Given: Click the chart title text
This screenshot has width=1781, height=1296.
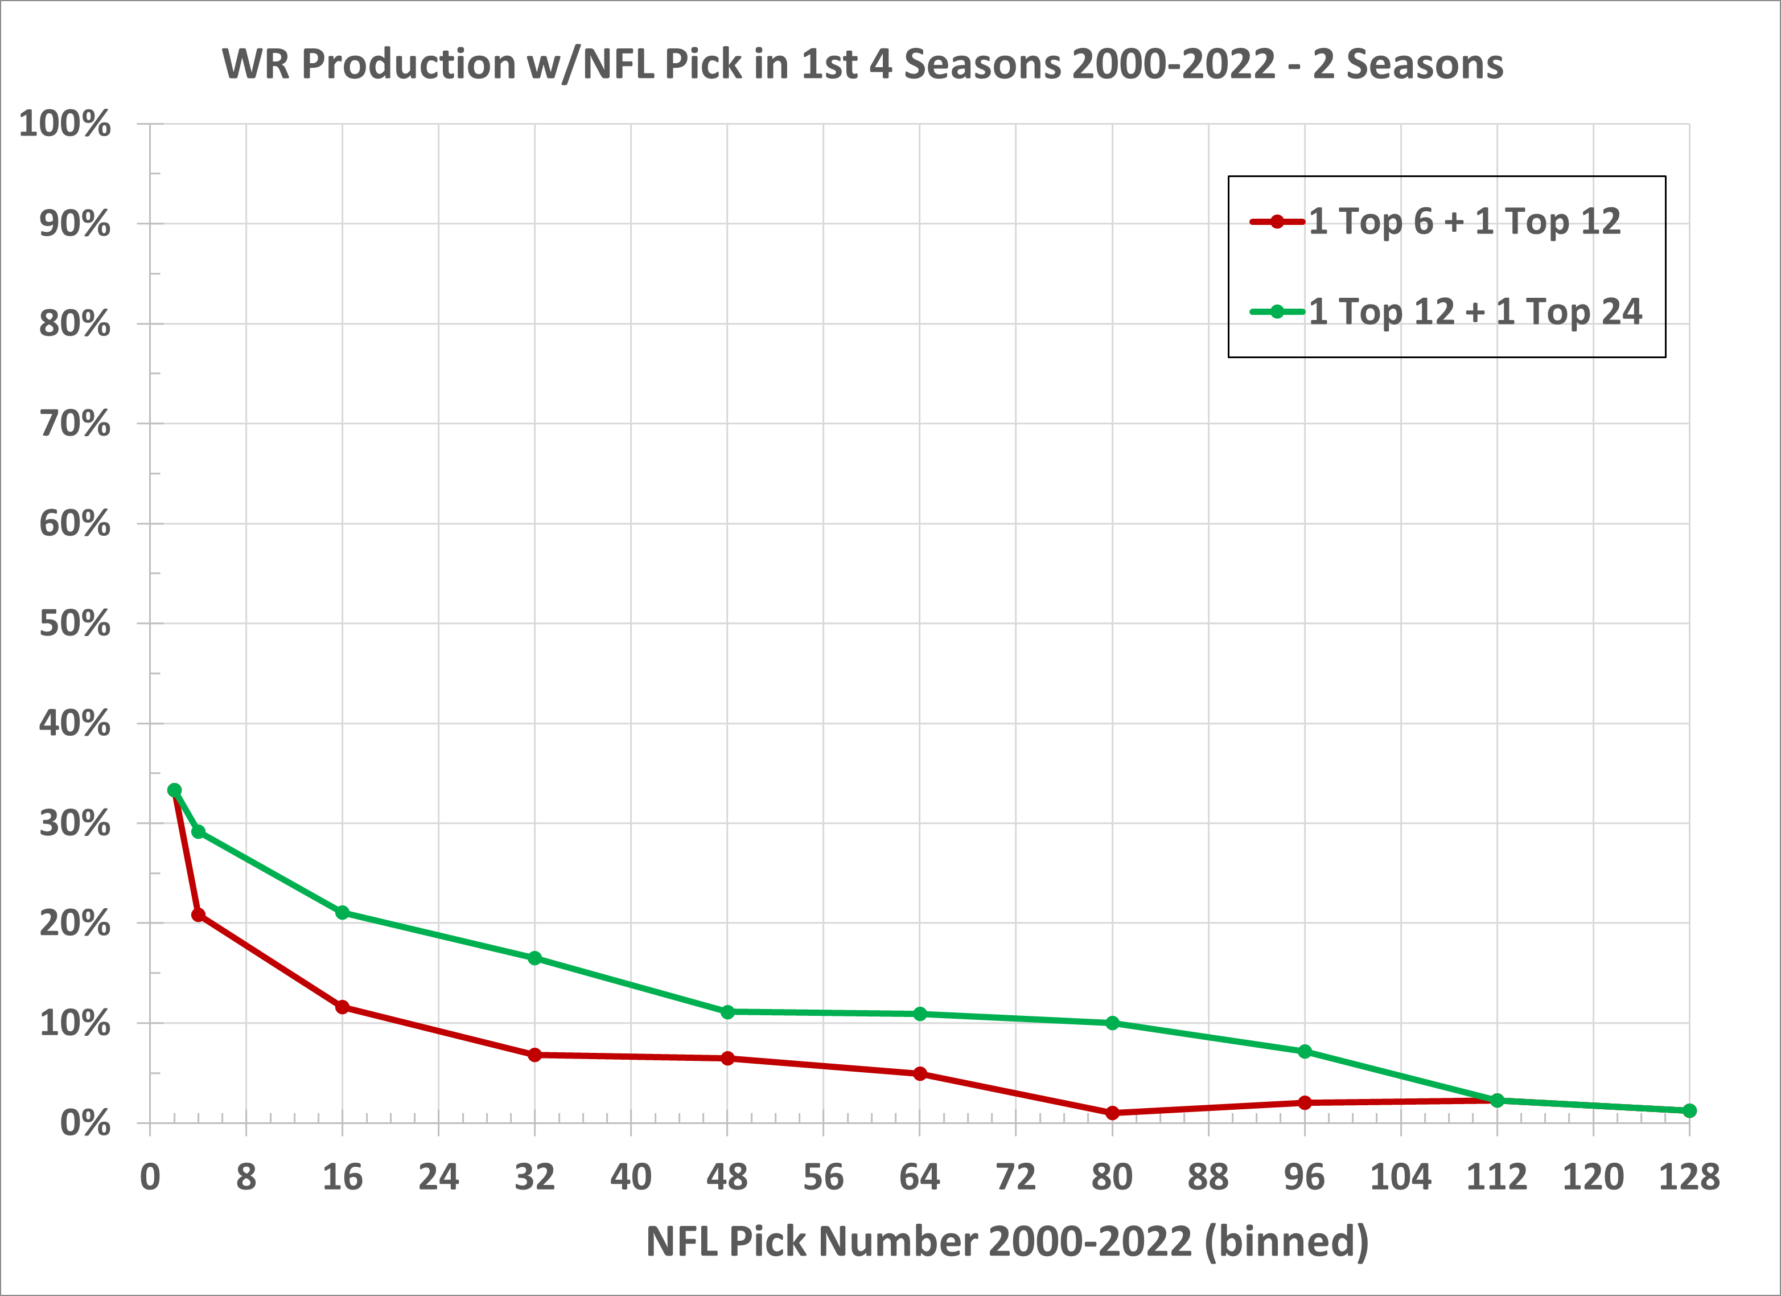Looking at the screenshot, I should click(862, 64).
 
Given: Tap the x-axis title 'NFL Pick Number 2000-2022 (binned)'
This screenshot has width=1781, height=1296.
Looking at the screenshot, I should click(1007, 1242).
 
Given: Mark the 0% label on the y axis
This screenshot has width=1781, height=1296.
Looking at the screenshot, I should click(85, 1123).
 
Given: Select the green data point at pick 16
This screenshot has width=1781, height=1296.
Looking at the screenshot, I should click(343, 913).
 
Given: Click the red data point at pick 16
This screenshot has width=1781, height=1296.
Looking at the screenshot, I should click(343, 1007).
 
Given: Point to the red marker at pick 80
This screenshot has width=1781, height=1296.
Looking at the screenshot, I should click(1112, 1113).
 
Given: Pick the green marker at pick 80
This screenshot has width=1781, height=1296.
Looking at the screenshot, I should click(1112, 1023).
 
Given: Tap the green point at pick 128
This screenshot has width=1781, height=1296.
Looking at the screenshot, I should click(1690, 1110).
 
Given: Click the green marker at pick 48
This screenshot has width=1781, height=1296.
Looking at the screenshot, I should click(727, 1012).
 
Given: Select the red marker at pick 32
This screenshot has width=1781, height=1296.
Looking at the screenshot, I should click(535, 1055).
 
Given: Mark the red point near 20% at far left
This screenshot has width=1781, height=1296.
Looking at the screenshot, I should click(199, 915).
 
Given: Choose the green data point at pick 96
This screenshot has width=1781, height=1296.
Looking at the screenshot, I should click(1305, 1052).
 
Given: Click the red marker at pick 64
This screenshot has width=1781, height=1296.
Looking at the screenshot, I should click(920, 1074).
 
